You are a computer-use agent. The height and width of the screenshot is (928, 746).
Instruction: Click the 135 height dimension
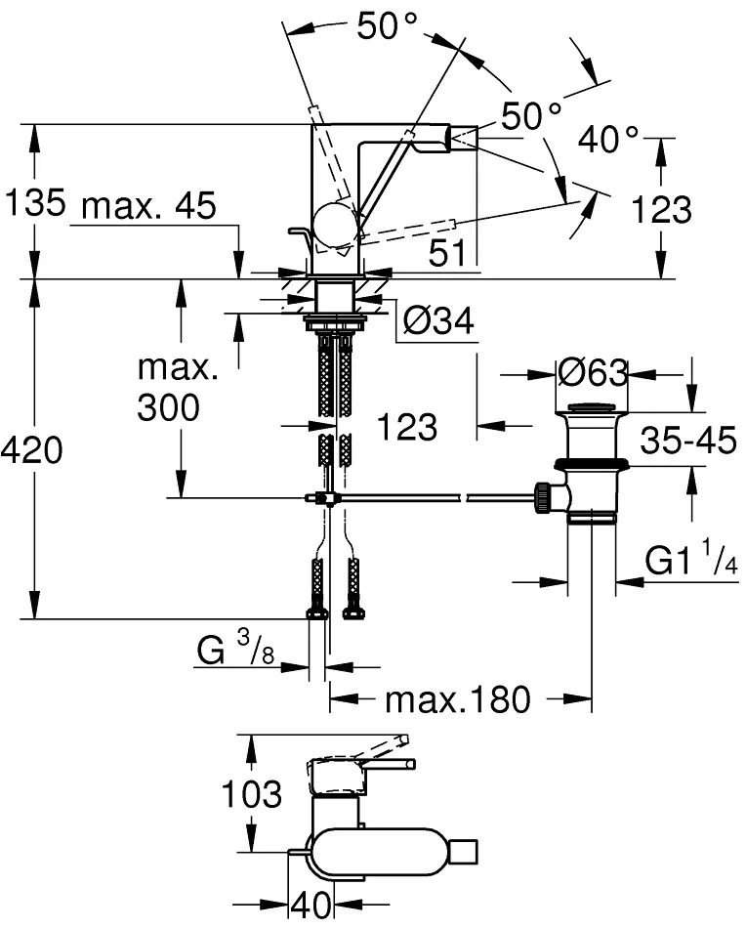35,205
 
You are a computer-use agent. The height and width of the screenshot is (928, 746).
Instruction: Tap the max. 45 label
148,207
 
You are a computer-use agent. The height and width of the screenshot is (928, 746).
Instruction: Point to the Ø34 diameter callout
437,319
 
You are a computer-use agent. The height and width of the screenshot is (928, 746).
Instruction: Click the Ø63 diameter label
591,373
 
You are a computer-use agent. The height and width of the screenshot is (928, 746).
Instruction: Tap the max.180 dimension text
457,698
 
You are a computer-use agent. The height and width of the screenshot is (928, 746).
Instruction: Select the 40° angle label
607,141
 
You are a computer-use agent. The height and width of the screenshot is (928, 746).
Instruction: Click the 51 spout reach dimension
447,254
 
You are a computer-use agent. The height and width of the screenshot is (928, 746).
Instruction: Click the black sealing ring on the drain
592,464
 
